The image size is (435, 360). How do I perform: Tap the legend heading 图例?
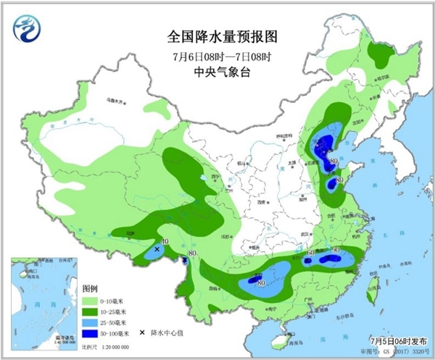coord(91,287)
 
